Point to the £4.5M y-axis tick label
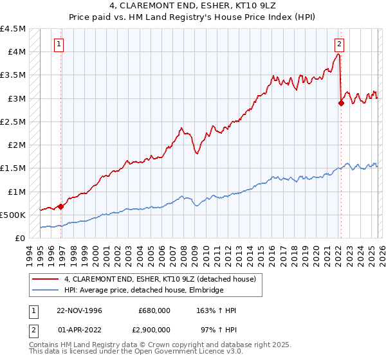pyautogui.click(x=14, y=29)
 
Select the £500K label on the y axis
pyautogui.click(x=14, y=215)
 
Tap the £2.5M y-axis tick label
pyautogui.click(x=14, y=122)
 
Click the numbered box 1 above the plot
pyautogui.click(x=59, y=44)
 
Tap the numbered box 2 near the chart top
pyautogui.click(x=338, y=44)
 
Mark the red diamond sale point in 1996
pyautogui.click(x=61, y=206)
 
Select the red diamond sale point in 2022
pyautogui.click(x=341, y=102)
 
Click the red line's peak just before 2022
pyautogui.click(x=338, y=55)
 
